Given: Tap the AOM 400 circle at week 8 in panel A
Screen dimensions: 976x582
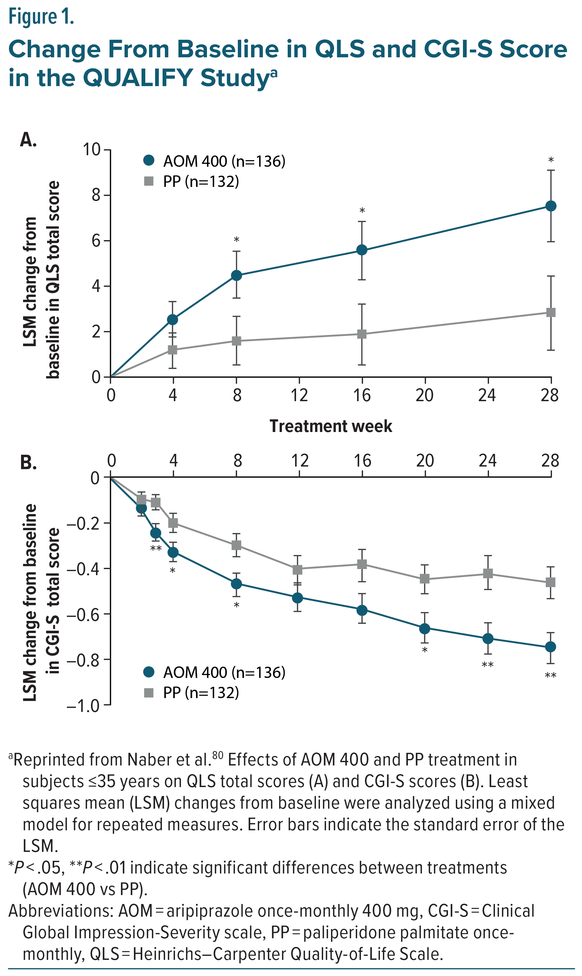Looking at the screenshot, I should (236, 275).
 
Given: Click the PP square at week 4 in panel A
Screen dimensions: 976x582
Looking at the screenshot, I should (173, 350).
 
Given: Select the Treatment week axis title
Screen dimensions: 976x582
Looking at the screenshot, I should (331, 426).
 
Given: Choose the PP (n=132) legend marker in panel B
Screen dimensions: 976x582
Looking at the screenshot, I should (149, 693).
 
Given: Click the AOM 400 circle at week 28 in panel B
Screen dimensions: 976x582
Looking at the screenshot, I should (551, 647).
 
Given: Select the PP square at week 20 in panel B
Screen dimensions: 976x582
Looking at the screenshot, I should (424, 579).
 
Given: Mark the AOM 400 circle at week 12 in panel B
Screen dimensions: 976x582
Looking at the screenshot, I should (298, 598).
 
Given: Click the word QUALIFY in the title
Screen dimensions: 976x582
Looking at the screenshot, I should (138, 77).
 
